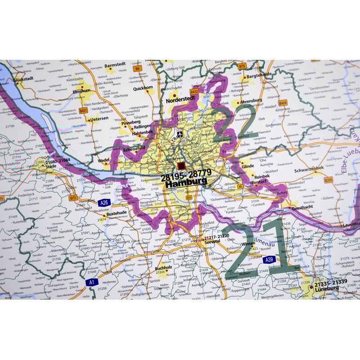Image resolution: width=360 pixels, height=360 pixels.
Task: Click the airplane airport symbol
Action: (x=180, y=134)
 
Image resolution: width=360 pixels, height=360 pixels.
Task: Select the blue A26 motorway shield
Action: (x=104, y=202)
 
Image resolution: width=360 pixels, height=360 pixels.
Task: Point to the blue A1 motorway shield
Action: (x=92, y=282)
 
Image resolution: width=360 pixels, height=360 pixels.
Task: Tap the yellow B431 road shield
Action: (x=83, y=110)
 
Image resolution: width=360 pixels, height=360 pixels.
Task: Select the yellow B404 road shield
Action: (x=283, y=103)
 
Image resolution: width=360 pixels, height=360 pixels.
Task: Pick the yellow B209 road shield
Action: (x=328, y=180)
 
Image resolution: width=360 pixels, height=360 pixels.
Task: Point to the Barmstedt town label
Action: (x=114, y=70)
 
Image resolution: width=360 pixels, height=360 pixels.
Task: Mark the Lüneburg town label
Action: (x=327, y=289)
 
